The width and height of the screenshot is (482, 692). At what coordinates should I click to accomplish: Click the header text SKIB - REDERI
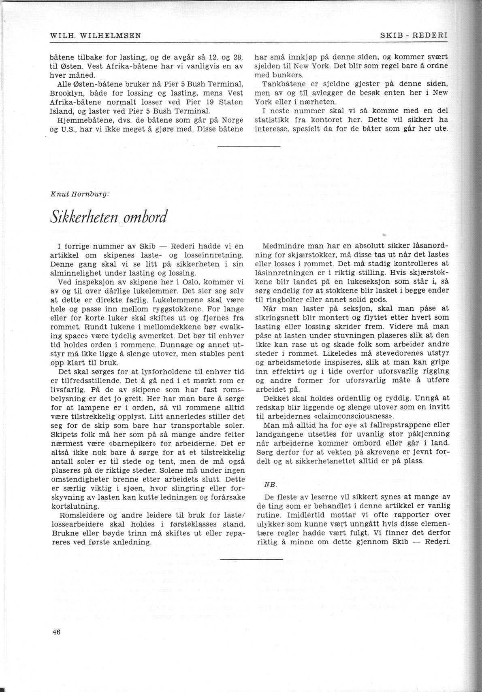click(414, 35)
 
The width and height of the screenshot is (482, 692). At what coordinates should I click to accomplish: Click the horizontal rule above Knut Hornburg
click(249, 146)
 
